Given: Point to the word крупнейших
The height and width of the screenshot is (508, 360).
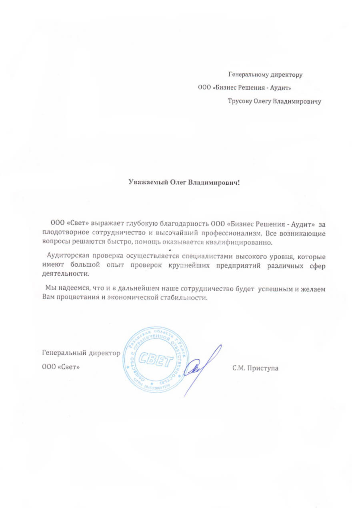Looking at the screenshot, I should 188,265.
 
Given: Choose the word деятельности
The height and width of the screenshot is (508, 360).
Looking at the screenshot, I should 64,274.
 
